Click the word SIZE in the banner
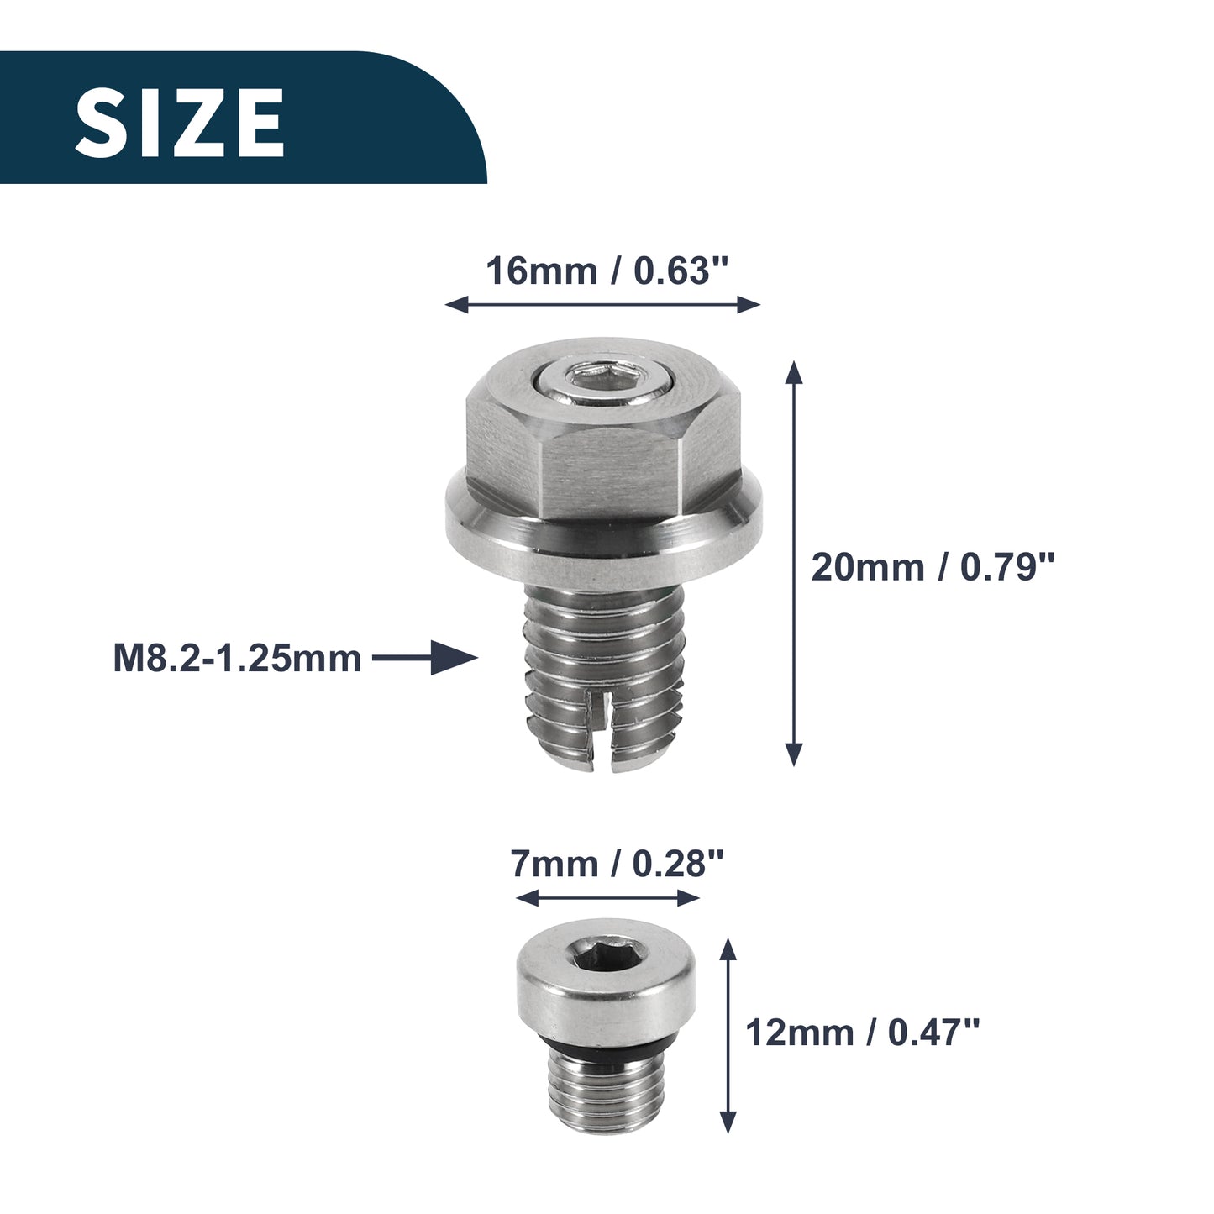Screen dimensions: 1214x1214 coord(180,122)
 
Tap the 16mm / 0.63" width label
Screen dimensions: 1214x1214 coord(607,271)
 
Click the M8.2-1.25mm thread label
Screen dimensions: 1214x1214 coord(237,659)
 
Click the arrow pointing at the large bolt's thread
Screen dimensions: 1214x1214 coord(425,659)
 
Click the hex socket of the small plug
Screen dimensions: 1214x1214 coord(605,959)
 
